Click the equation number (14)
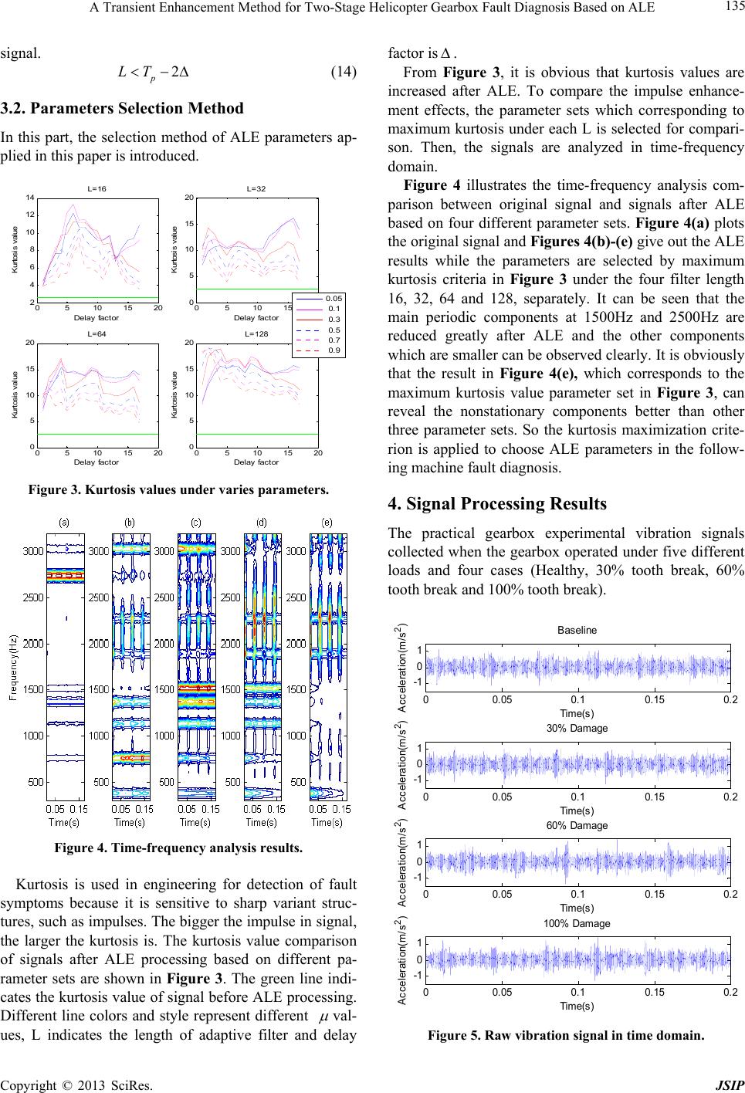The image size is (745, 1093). coord(344,72)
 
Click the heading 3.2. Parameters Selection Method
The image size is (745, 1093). coord(122,108)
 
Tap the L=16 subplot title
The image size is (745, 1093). coord(97,189)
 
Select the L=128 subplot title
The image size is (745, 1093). coord(256,333)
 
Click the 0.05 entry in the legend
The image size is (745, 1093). coord(334,298)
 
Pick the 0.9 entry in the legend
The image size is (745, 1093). coord(334,350)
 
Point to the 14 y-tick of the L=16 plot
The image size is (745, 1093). coord(30,198)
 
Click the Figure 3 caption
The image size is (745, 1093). coord(178,489)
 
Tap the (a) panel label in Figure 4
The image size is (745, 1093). coord(64,522)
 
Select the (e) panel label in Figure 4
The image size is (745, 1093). coord(327,522)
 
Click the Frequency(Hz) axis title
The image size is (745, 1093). coord(13,668)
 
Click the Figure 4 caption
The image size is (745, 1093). coord(178,848)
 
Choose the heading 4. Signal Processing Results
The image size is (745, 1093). coord(497,503)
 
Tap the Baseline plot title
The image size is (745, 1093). coord(577,630)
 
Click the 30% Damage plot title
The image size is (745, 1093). coord(577,728)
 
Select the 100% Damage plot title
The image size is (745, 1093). coord(577,923)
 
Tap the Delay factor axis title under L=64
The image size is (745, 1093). coord(96,462)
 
